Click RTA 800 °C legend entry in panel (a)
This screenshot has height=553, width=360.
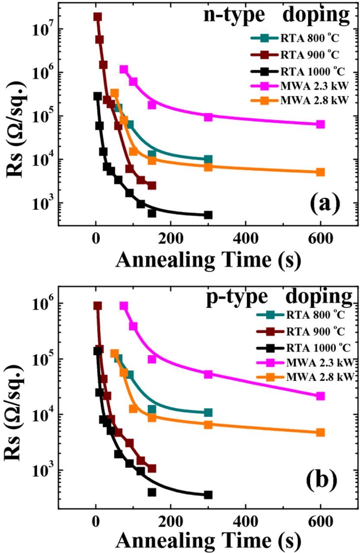tap(294, 38)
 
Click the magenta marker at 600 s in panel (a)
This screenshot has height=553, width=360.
tap(320, 124)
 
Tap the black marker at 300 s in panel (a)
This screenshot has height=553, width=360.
tap(208, 215)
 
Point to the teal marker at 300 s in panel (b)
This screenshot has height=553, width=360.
tap(208, 413)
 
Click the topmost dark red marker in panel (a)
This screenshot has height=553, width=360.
tap(98, 17)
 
